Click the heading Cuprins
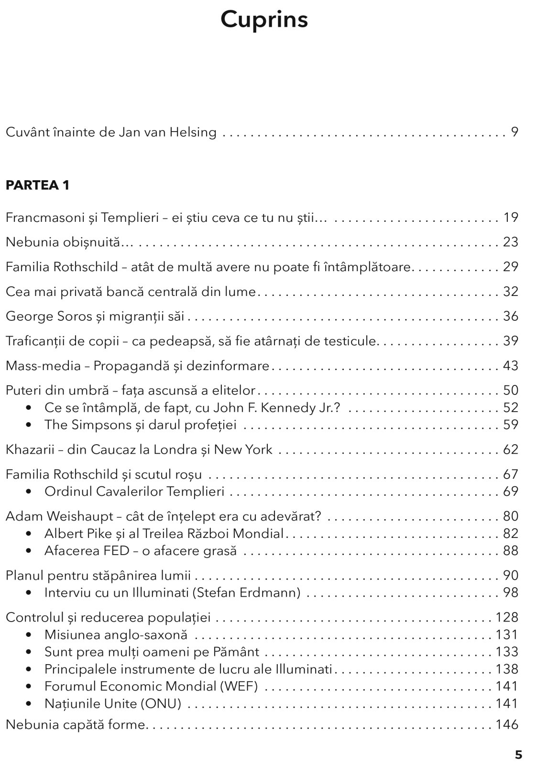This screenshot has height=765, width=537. point(264,20)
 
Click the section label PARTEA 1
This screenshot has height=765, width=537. point(37,185)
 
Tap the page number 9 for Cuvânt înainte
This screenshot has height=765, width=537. point(514,132)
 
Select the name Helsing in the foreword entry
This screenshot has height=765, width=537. point(194,132)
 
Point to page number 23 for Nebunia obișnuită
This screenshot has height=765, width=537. point(510,242)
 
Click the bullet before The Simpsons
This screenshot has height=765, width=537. point(30,425)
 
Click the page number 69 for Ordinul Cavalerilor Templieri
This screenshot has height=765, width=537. point(510,492)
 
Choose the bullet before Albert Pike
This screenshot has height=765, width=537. point(30,534)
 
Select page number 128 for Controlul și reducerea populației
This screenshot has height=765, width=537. point(507,617)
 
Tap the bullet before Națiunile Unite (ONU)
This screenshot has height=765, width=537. point(30,704)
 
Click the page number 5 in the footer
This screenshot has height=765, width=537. point(518,755)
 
